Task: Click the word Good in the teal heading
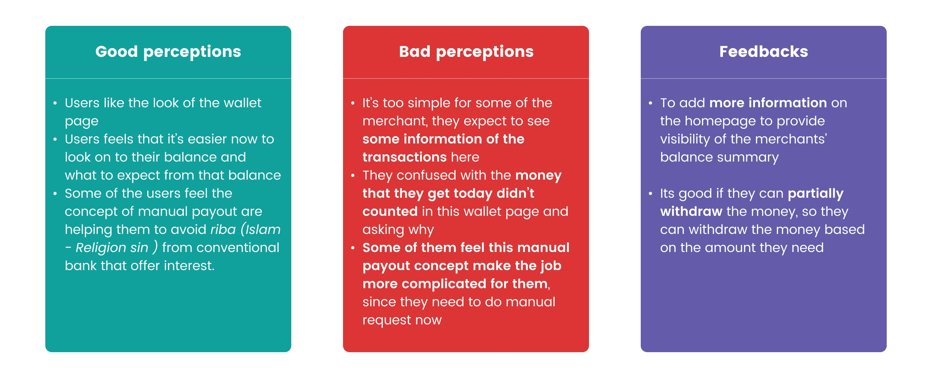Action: point(116,51)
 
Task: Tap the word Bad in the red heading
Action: point(415,51)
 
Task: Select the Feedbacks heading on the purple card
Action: point(763,51)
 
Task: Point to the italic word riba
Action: point(223,229)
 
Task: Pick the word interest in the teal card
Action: point(189,266)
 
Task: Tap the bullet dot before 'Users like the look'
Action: point(55,103)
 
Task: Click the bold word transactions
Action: point(405,157)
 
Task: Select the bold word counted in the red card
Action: point(390,211)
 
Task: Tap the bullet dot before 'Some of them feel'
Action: point(353,248)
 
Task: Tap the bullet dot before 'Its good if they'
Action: point(650,194)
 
